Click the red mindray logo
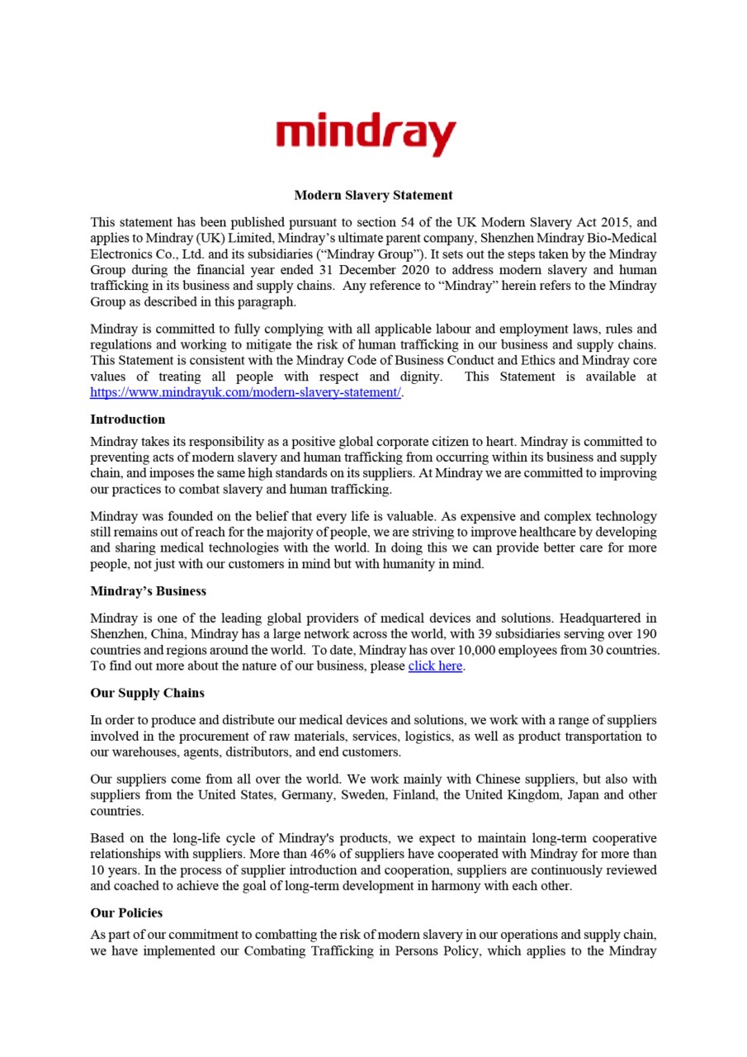pos(366,133)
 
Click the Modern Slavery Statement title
pos(373,196)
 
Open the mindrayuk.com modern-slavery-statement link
pos(245,393)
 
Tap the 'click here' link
pos(435,666)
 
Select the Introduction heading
pos(127,419)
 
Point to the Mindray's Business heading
pos(148,591)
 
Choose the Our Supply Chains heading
pos(147,693)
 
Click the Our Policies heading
pos(125,913)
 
